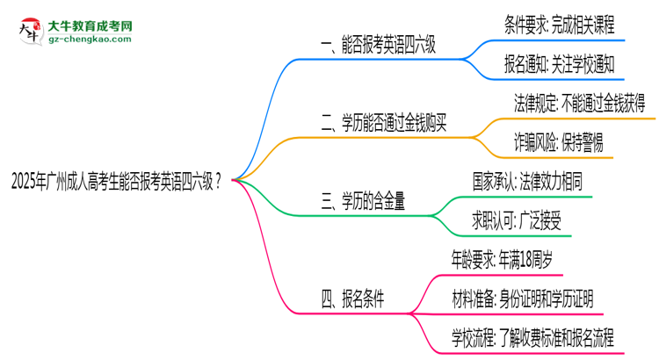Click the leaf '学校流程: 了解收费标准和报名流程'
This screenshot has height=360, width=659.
532,336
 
